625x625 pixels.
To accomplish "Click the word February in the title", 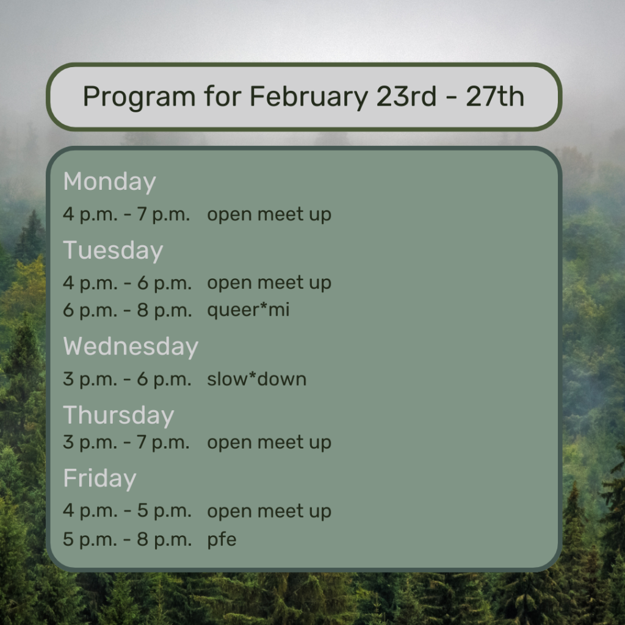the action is coord(308,97).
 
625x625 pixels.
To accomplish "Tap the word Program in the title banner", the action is coord(139,97).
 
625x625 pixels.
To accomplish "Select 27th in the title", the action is coord(494,96).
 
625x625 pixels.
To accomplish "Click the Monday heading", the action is coord(110,182).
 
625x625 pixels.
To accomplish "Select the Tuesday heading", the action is coord(113,251).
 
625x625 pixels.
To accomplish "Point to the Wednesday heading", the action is coord(131,347).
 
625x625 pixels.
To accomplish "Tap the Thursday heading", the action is coord(119,415).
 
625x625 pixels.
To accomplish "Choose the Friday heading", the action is coord(99,479).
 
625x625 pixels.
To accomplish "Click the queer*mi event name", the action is coord(248,311).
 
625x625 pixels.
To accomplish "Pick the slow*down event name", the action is coord(257,378).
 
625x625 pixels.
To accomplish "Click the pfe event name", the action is coord(222,540).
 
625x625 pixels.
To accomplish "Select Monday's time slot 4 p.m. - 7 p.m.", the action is coord(126,215).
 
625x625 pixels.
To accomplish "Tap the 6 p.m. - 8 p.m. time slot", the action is coord(127,311).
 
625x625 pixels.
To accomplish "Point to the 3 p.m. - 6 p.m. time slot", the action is coord(127,379).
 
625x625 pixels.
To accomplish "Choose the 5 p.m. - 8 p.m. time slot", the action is coord(127,540).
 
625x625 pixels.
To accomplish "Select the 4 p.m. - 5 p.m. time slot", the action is coord(127,511).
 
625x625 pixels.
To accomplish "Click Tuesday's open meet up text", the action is coord(269,283).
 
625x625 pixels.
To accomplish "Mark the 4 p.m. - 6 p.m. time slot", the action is coord(127,283).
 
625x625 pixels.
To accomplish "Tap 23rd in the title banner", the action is coord(406,96).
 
